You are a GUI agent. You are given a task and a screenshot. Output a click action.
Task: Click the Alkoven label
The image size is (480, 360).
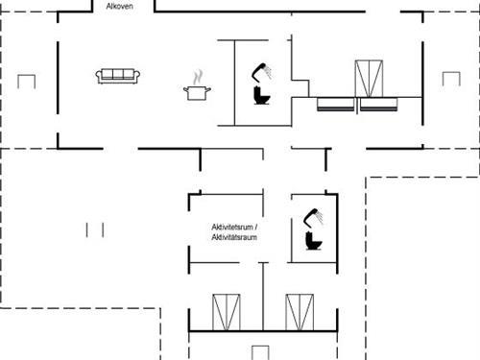tap(119, 7)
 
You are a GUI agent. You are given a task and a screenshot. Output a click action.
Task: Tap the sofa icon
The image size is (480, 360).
tap(118, 76)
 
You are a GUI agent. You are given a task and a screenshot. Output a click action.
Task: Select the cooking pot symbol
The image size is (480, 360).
tap(197, 92)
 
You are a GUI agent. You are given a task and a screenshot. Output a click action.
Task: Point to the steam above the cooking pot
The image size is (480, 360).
tap(198, 75)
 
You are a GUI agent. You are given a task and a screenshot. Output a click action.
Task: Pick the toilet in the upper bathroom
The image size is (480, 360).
tap(262, 96)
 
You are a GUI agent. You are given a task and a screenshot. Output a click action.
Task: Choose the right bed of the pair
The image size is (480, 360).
tap(379, 105)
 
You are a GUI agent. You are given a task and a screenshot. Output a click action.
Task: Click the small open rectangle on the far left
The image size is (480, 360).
tap(26, 82)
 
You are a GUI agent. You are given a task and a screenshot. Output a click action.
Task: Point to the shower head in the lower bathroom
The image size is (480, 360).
tap(312, 214)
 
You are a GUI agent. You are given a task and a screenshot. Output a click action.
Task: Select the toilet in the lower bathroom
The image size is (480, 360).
tap(313, 240)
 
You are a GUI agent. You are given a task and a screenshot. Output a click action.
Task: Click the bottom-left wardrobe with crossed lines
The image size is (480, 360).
tap(226, 312)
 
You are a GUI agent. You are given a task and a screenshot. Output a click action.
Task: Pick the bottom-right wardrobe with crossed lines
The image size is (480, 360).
tap(299, 312)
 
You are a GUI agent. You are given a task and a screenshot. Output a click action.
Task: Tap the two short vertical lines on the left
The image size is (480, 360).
tap(94, 229)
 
